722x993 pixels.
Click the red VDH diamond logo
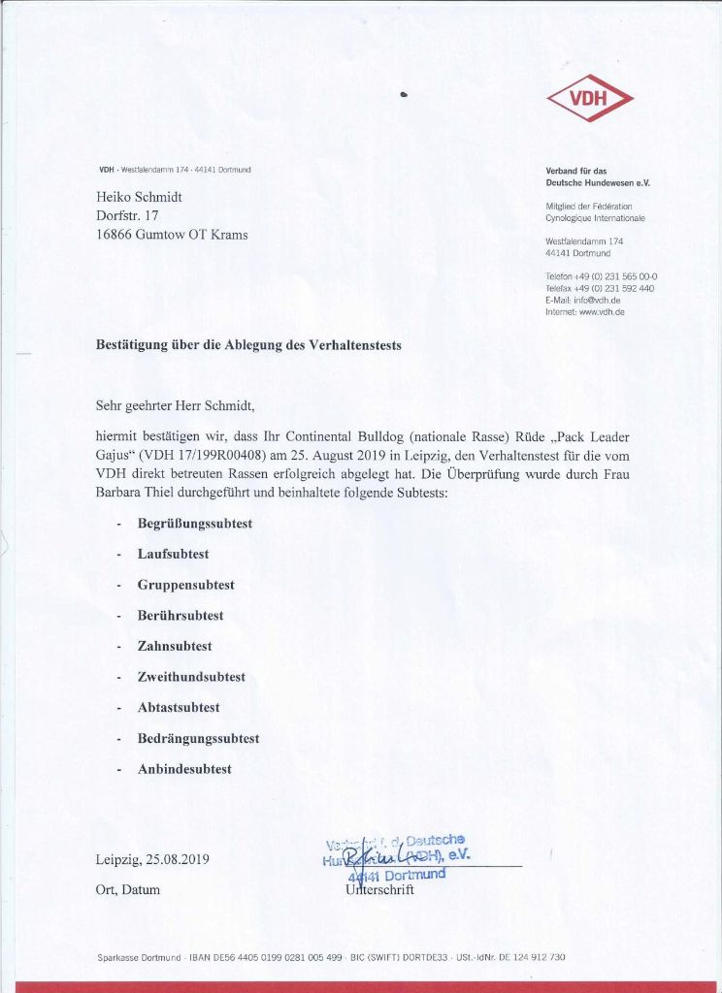[x=589, y=98]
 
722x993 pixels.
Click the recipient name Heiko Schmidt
[x=140, y=197]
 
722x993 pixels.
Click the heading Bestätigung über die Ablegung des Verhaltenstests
[x=247, y=344]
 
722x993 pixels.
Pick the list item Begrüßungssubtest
[x=195, y=524]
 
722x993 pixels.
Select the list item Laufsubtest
[x=174, y=554]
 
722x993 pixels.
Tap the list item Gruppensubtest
[x=186, y=585]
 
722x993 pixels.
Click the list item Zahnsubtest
[x=175, y=646]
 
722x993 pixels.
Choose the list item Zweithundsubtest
[x=191, y=677]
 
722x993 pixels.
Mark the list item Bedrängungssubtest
[x=198, y=738]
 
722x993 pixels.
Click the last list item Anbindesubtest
[x=184, y=769]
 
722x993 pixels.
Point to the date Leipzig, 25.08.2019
[x=153, y=859]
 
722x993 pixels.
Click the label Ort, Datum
[x=128, y=889]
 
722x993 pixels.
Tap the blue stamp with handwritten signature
[x=398, y=856]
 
